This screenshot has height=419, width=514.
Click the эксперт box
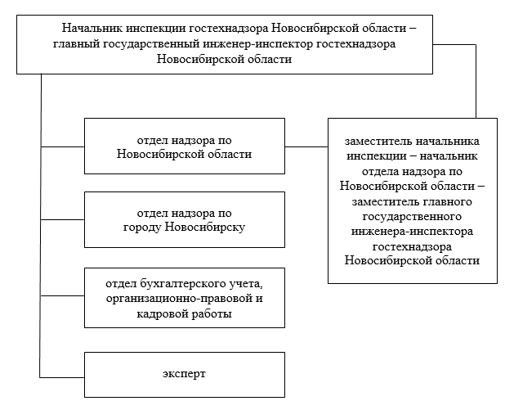click(x=185, y=374)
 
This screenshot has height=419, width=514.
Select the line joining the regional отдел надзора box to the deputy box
click(x=306, y=146)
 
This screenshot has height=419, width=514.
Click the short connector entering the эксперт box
click(x=62, y=376)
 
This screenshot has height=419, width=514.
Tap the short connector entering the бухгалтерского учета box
click(x=62, y=298)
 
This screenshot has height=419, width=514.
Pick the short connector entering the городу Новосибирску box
click(x=62, y=219)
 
